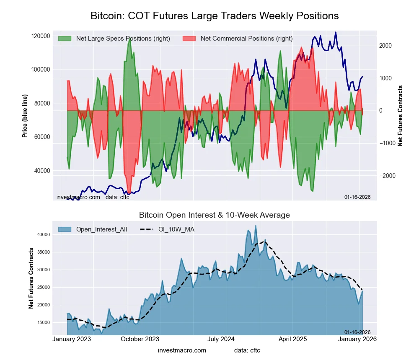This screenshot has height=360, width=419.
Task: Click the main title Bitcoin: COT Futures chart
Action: click(215, 16)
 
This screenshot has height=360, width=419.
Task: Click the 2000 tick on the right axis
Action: click(386, 46)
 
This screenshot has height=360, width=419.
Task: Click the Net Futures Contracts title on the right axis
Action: click(400, 116)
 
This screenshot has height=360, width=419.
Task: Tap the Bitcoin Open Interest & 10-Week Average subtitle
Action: click(215, 215)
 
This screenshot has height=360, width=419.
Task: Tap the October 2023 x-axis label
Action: click(140, 339)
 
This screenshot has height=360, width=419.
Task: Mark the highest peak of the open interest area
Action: click(256, 226)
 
